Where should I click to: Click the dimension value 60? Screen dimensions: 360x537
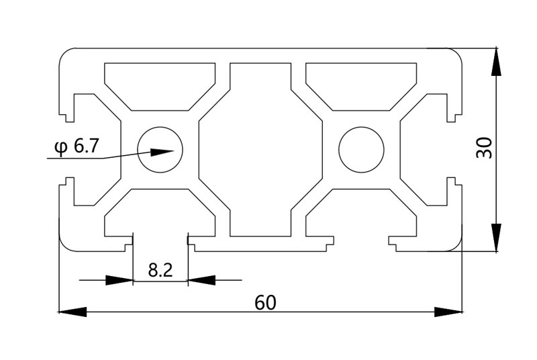(x=265, y=303)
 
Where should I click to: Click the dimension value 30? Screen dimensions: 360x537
(x=484, y=148)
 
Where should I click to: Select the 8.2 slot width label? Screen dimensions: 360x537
(x=160, y=271)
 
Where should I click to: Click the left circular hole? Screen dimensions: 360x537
(x=160, y=149)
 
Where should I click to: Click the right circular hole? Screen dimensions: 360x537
(x=361, y=149)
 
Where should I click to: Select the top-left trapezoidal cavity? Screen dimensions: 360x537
(x=160, y=84)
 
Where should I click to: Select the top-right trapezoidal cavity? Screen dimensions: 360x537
(x=361, y=84)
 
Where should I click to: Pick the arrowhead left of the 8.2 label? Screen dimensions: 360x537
(x=120, y=279)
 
